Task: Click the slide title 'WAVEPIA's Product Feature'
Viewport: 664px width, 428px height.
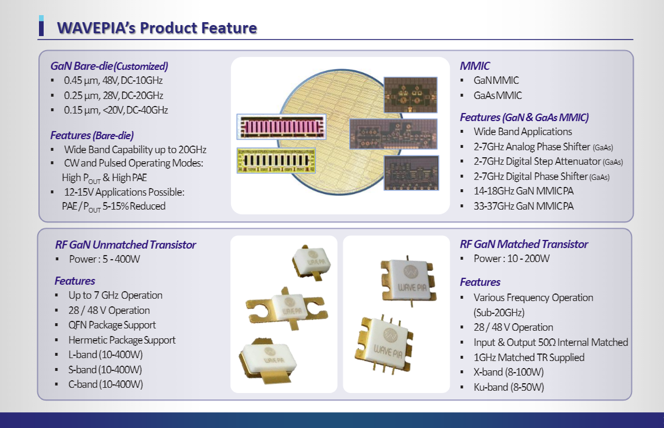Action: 157,28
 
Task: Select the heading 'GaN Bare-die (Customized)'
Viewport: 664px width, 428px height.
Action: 109,66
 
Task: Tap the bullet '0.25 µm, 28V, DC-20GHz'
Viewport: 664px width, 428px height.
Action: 113,95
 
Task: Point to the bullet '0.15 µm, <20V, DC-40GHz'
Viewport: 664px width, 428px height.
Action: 116,110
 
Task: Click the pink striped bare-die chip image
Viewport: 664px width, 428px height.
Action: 281,127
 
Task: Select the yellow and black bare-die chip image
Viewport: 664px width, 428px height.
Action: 276,160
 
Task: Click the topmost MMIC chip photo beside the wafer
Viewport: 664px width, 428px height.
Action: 410,95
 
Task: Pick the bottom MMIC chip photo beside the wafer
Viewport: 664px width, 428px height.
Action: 411,173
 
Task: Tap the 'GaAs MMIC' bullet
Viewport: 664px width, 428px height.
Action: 498,95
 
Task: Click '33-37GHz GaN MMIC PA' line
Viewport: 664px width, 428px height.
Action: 523,206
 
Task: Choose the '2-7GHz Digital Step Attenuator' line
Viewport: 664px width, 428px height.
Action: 548,161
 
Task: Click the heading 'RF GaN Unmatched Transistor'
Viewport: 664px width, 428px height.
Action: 125,245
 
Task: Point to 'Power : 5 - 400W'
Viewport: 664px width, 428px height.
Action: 104,259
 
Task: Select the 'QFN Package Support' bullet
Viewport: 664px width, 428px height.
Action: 112,325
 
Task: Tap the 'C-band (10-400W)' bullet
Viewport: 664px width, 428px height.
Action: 105,384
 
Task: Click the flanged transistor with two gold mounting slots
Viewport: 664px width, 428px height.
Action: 287,308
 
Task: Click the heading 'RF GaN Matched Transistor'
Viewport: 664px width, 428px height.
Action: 524,244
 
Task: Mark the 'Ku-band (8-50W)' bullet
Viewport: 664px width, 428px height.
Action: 509,387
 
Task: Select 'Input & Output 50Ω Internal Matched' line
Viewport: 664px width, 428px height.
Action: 551,342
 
